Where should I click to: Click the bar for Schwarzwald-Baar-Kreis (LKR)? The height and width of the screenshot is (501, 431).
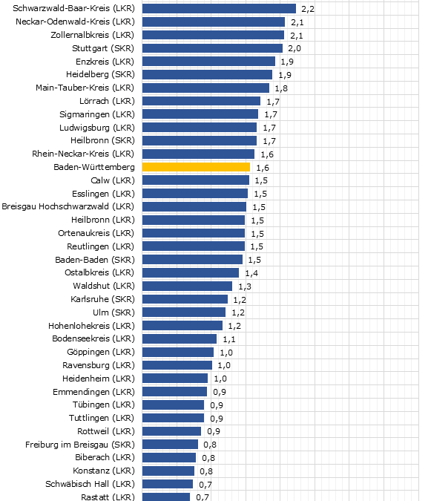coord(219,9)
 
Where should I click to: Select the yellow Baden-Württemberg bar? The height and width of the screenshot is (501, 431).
coord(196,168)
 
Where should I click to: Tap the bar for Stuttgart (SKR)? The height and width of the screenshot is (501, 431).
coord(212,48)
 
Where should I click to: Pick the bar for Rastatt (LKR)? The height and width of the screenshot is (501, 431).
coord(166,497)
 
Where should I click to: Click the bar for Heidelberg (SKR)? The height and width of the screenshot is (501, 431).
coord(207,75)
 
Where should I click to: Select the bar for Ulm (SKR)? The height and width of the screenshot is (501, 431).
coord(184,312)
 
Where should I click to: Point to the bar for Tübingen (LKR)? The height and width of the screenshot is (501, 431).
coord(173,405)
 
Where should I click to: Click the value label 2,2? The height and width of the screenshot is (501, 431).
coord(308,9)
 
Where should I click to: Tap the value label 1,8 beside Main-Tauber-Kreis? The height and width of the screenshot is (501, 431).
coord(281,88)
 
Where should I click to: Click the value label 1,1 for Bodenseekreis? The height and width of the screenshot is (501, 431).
coord(229,339)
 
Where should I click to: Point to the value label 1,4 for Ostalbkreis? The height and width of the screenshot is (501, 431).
coord(251,273)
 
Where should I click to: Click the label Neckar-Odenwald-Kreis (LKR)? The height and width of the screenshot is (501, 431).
coord(75,22)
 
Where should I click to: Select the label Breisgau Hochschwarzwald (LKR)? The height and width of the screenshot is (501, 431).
coord(69,206)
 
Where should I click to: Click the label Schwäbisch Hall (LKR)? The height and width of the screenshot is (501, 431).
coord(93,484)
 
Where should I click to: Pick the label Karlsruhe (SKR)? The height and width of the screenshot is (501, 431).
coord(102,299)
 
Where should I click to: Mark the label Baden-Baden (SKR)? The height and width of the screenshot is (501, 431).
coord(95,260)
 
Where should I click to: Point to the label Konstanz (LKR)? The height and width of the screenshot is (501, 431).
coord(104,471)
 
